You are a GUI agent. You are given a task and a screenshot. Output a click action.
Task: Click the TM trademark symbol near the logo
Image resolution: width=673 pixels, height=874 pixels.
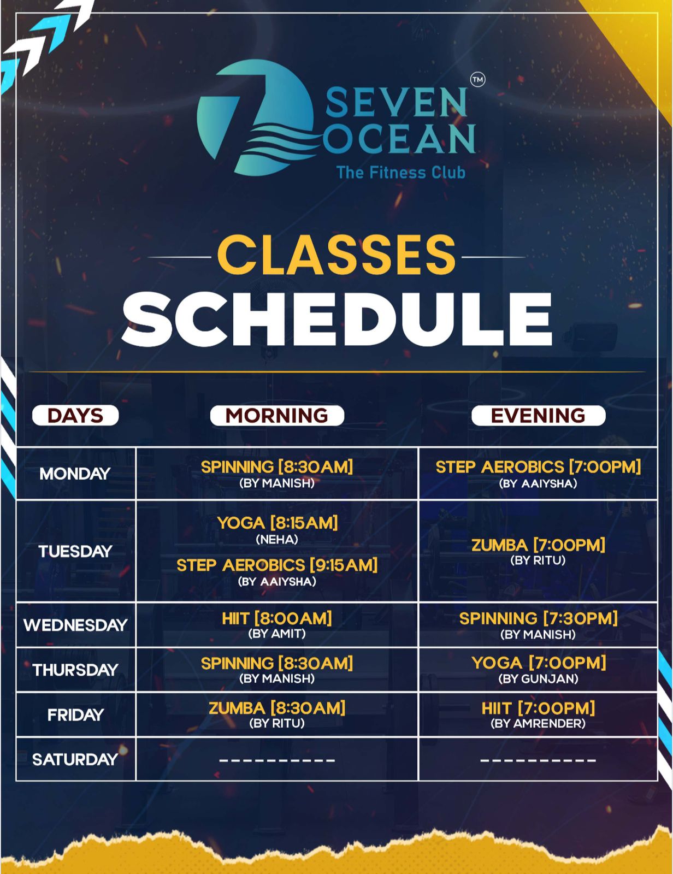click(x=477, y=80)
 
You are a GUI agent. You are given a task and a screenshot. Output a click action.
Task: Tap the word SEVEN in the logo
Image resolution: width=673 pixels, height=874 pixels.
click(x=397, y=103)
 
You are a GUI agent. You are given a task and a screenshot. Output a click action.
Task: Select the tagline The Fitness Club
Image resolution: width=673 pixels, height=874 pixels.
click(x=401, y=173)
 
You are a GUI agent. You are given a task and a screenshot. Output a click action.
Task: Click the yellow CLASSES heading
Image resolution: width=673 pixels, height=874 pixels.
click(x=336, y=255)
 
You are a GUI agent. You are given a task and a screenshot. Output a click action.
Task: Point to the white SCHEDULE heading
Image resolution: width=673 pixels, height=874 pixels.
click(x=337, y=320)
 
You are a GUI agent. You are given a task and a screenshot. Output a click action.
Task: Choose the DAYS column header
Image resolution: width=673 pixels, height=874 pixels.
click(x=75, y=416)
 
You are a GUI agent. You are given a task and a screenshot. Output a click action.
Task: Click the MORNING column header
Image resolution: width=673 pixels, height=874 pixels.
click(x=277, y=416)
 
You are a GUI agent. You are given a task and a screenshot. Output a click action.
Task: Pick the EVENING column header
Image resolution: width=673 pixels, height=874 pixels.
click(x=538, y=416)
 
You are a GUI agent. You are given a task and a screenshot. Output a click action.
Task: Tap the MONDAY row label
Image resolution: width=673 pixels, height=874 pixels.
click(x=75, y=474)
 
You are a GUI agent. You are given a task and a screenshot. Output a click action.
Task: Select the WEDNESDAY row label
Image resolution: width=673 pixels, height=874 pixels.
click(x=75, y=625)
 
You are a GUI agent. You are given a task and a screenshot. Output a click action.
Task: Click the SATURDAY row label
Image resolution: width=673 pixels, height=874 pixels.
click(x=75, y=759)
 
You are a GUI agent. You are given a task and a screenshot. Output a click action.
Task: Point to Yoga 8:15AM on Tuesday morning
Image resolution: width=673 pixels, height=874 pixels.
click(x=278, y=523)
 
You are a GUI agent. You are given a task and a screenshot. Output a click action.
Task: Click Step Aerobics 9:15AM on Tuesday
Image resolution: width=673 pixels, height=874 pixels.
click(x=278, y=565)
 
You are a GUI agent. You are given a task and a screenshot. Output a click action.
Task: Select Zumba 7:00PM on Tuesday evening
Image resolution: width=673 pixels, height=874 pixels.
click(x=538, y=545)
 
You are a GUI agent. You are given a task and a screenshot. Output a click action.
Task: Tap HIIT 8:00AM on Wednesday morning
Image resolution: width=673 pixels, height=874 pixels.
click(x=277, y=618)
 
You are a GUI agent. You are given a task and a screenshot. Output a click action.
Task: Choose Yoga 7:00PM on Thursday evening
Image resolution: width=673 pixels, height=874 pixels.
click(x=539, y=663)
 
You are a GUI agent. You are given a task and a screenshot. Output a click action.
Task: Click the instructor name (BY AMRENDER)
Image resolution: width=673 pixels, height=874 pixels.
click(x=538, y=724)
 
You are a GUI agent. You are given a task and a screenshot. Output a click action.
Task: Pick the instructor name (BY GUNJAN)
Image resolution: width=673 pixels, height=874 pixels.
click(x=538, y=679)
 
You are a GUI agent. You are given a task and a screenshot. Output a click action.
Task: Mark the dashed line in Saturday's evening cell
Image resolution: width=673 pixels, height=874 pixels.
click(x=538, y=760)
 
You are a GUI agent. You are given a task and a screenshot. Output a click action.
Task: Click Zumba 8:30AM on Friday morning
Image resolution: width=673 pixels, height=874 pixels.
click(x=277, y=708)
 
